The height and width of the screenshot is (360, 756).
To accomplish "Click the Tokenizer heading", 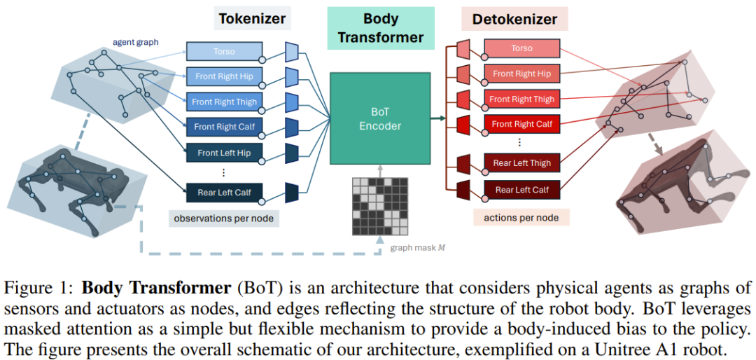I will point(252,18).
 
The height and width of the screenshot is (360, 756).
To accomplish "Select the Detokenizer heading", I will point(514,19).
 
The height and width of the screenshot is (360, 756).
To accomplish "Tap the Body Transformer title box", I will point(380,28).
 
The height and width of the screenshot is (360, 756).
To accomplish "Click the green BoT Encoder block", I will point(380,119).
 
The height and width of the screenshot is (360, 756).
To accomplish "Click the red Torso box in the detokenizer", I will point(521,48).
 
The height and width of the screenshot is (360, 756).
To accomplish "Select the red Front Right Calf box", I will point(521,125).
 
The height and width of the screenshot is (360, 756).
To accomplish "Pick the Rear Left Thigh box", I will point(521,163).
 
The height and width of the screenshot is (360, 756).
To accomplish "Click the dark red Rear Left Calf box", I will point(521,190).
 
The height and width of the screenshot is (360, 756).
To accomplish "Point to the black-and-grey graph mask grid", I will point(379,205).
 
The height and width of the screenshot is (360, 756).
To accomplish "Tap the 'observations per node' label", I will point(223,219).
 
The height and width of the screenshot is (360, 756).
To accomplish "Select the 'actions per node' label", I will point(521,218).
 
